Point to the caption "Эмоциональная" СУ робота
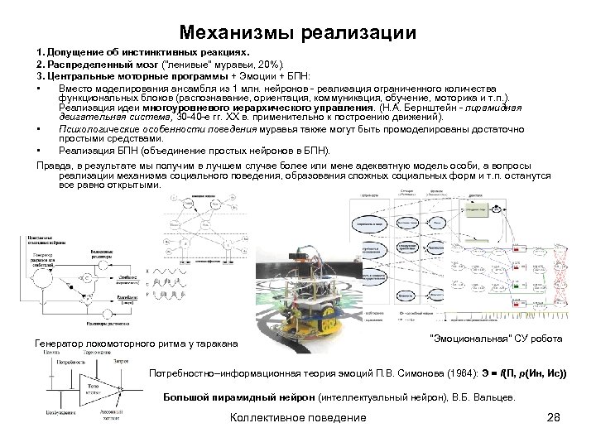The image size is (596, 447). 497,339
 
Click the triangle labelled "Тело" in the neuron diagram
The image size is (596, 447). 93,387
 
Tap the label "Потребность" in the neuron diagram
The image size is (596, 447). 68,363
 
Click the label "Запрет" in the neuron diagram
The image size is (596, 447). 122,363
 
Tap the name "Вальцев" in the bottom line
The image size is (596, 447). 494,397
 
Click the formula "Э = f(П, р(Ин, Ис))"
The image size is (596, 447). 519,374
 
